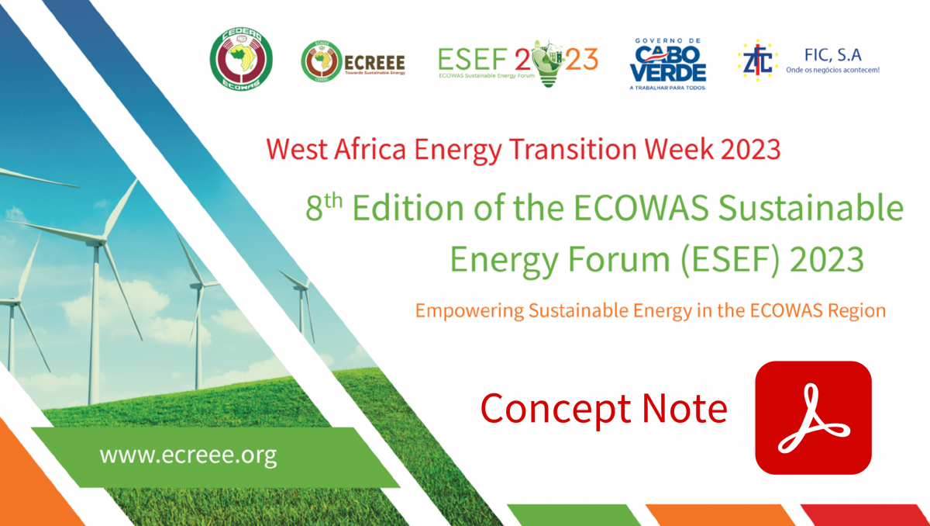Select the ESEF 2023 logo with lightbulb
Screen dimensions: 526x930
point(518,60)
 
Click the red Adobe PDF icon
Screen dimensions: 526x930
point(813,417)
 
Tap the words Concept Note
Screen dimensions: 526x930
point(604,408)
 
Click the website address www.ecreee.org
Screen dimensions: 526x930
point(188,455)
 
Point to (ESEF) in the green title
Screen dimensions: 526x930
point(722,259)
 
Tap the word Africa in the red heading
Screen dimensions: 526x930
point(374,149)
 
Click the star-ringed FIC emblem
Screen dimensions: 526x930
point(757,61)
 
